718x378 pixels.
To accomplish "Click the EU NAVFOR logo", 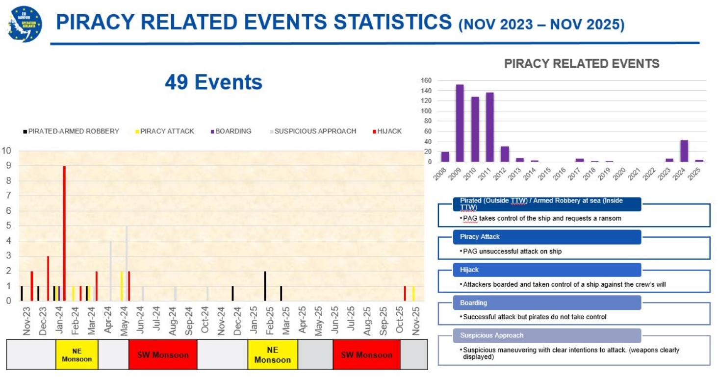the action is click(25, 24).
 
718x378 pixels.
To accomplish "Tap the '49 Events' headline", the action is click(213, 82).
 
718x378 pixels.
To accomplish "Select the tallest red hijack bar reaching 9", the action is click(64, 233).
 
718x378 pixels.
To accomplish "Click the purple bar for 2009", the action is click(460, 123).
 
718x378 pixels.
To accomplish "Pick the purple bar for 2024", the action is click(684, 151).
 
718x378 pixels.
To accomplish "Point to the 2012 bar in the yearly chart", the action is click(505, 154).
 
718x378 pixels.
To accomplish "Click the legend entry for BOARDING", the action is click(231, 131).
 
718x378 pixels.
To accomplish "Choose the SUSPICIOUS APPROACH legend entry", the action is click(313, 131).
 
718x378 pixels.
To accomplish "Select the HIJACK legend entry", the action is click(387, 131).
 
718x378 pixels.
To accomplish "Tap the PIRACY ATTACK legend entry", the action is click(165, 131).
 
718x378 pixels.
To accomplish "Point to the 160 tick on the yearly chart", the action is click(426, 80).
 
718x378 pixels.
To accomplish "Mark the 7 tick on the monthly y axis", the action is click(8, 196).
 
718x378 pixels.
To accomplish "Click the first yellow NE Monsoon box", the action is click(77, 355).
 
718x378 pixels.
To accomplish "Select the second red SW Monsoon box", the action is click(367, 355).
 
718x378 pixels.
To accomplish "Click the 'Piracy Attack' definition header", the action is click(547, 237).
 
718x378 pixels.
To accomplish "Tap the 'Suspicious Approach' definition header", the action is click(547, 335).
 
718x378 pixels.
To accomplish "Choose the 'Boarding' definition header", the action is click(547, 302).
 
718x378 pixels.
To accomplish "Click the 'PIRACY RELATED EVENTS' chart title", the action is click(582, 64).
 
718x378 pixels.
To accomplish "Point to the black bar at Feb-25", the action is click(265, 286).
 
